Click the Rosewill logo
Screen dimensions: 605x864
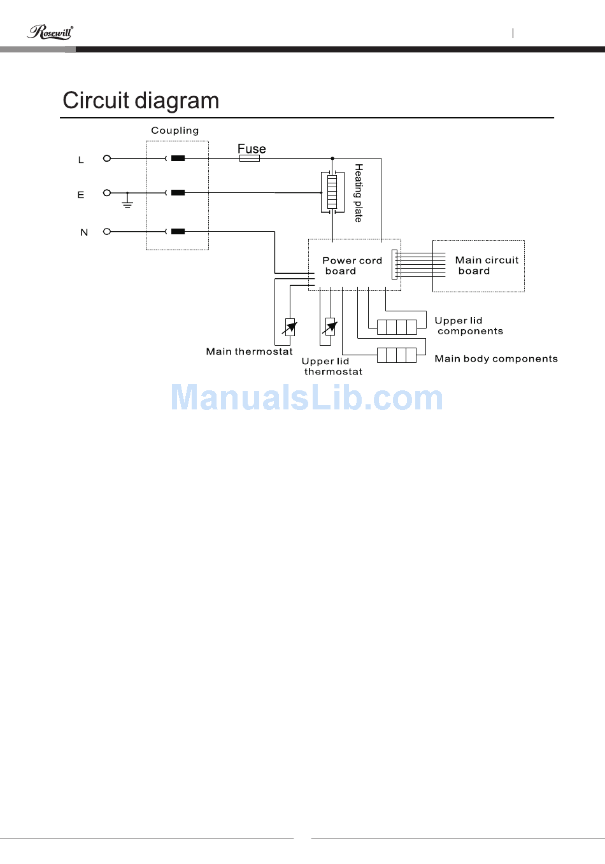tap(50, 32)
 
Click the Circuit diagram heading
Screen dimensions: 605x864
tap(141, 101)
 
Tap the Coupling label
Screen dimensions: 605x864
tap(174, 131)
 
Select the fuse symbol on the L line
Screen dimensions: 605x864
tap(249, 158)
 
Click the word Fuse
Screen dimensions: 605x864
tap(252, 149)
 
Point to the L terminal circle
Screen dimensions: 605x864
tap(107, 158)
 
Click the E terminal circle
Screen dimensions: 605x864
tap(107, 192)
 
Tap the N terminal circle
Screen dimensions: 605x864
tap(107, 232)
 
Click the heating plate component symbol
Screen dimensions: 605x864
tap(331, 192)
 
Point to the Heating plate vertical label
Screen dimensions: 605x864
tap(359, 193)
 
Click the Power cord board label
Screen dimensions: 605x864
tap(352, 266)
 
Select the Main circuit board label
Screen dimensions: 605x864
tap(487, 266)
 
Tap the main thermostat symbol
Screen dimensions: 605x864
tap(290, 327)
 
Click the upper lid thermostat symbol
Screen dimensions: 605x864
tap(330, 327)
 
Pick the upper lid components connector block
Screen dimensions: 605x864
tap(397, 327)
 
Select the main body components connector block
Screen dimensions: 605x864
tap(397, 355)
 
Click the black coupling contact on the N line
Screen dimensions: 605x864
tap(178, 232)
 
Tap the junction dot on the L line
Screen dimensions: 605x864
tap(332, 158)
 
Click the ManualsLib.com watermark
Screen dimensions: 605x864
tap(306, 398)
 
